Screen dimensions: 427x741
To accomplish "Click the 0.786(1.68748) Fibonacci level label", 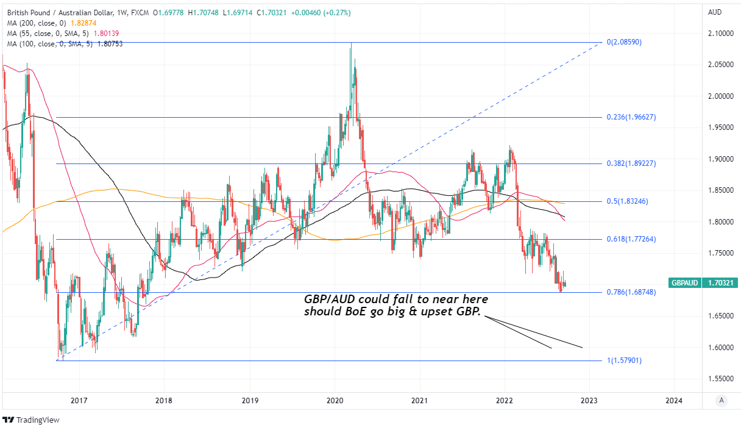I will coord(631,293).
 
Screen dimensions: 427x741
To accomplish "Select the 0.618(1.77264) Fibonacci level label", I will coord(631,240).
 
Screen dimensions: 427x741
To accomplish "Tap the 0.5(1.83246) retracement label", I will coord(628,202).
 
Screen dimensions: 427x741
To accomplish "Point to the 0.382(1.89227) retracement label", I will coord(631,163).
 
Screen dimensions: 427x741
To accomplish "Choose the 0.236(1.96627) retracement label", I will coord(631,117).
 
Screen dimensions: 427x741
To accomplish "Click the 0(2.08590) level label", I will coord(624,42).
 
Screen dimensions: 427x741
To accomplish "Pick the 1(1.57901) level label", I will coord(624,361).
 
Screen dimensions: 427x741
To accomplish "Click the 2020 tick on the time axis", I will coord(334,400).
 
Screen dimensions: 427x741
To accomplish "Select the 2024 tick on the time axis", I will coord(674,400).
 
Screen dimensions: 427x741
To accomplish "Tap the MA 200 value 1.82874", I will coord(87,23).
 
